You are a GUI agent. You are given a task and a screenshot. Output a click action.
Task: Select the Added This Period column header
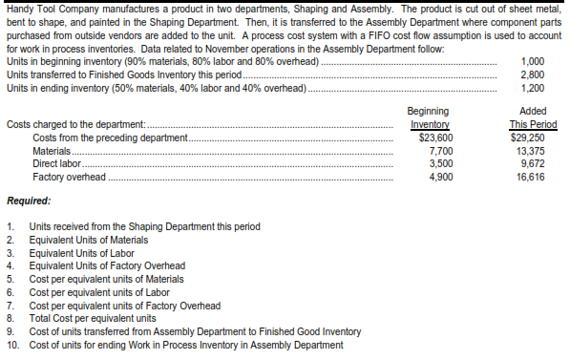(532, 117)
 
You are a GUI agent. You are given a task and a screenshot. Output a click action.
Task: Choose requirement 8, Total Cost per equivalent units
(93, 318)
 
